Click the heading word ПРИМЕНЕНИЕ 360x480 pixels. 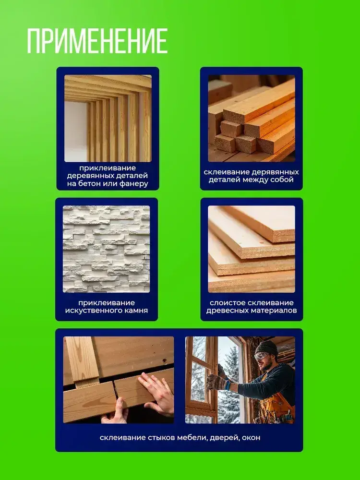click(x=97, y=41)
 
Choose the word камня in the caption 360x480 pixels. click(x=133, y=311)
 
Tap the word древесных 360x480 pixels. click(x=225, y=311)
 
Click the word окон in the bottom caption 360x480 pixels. click(x=251, y=438)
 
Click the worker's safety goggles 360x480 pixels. click(x=262, y=356)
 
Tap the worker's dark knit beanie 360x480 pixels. click(x=266, y=348)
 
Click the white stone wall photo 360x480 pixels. click(x=106, y=249)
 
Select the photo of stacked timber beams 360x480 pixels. click(x=252, y=118)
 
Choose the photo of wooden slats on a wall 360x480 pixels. click(x=108, y=118)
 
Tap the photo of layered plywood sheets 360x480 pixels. click(x=252, y=249)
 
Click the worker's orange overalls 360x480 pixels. click(x=276, y=404)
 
